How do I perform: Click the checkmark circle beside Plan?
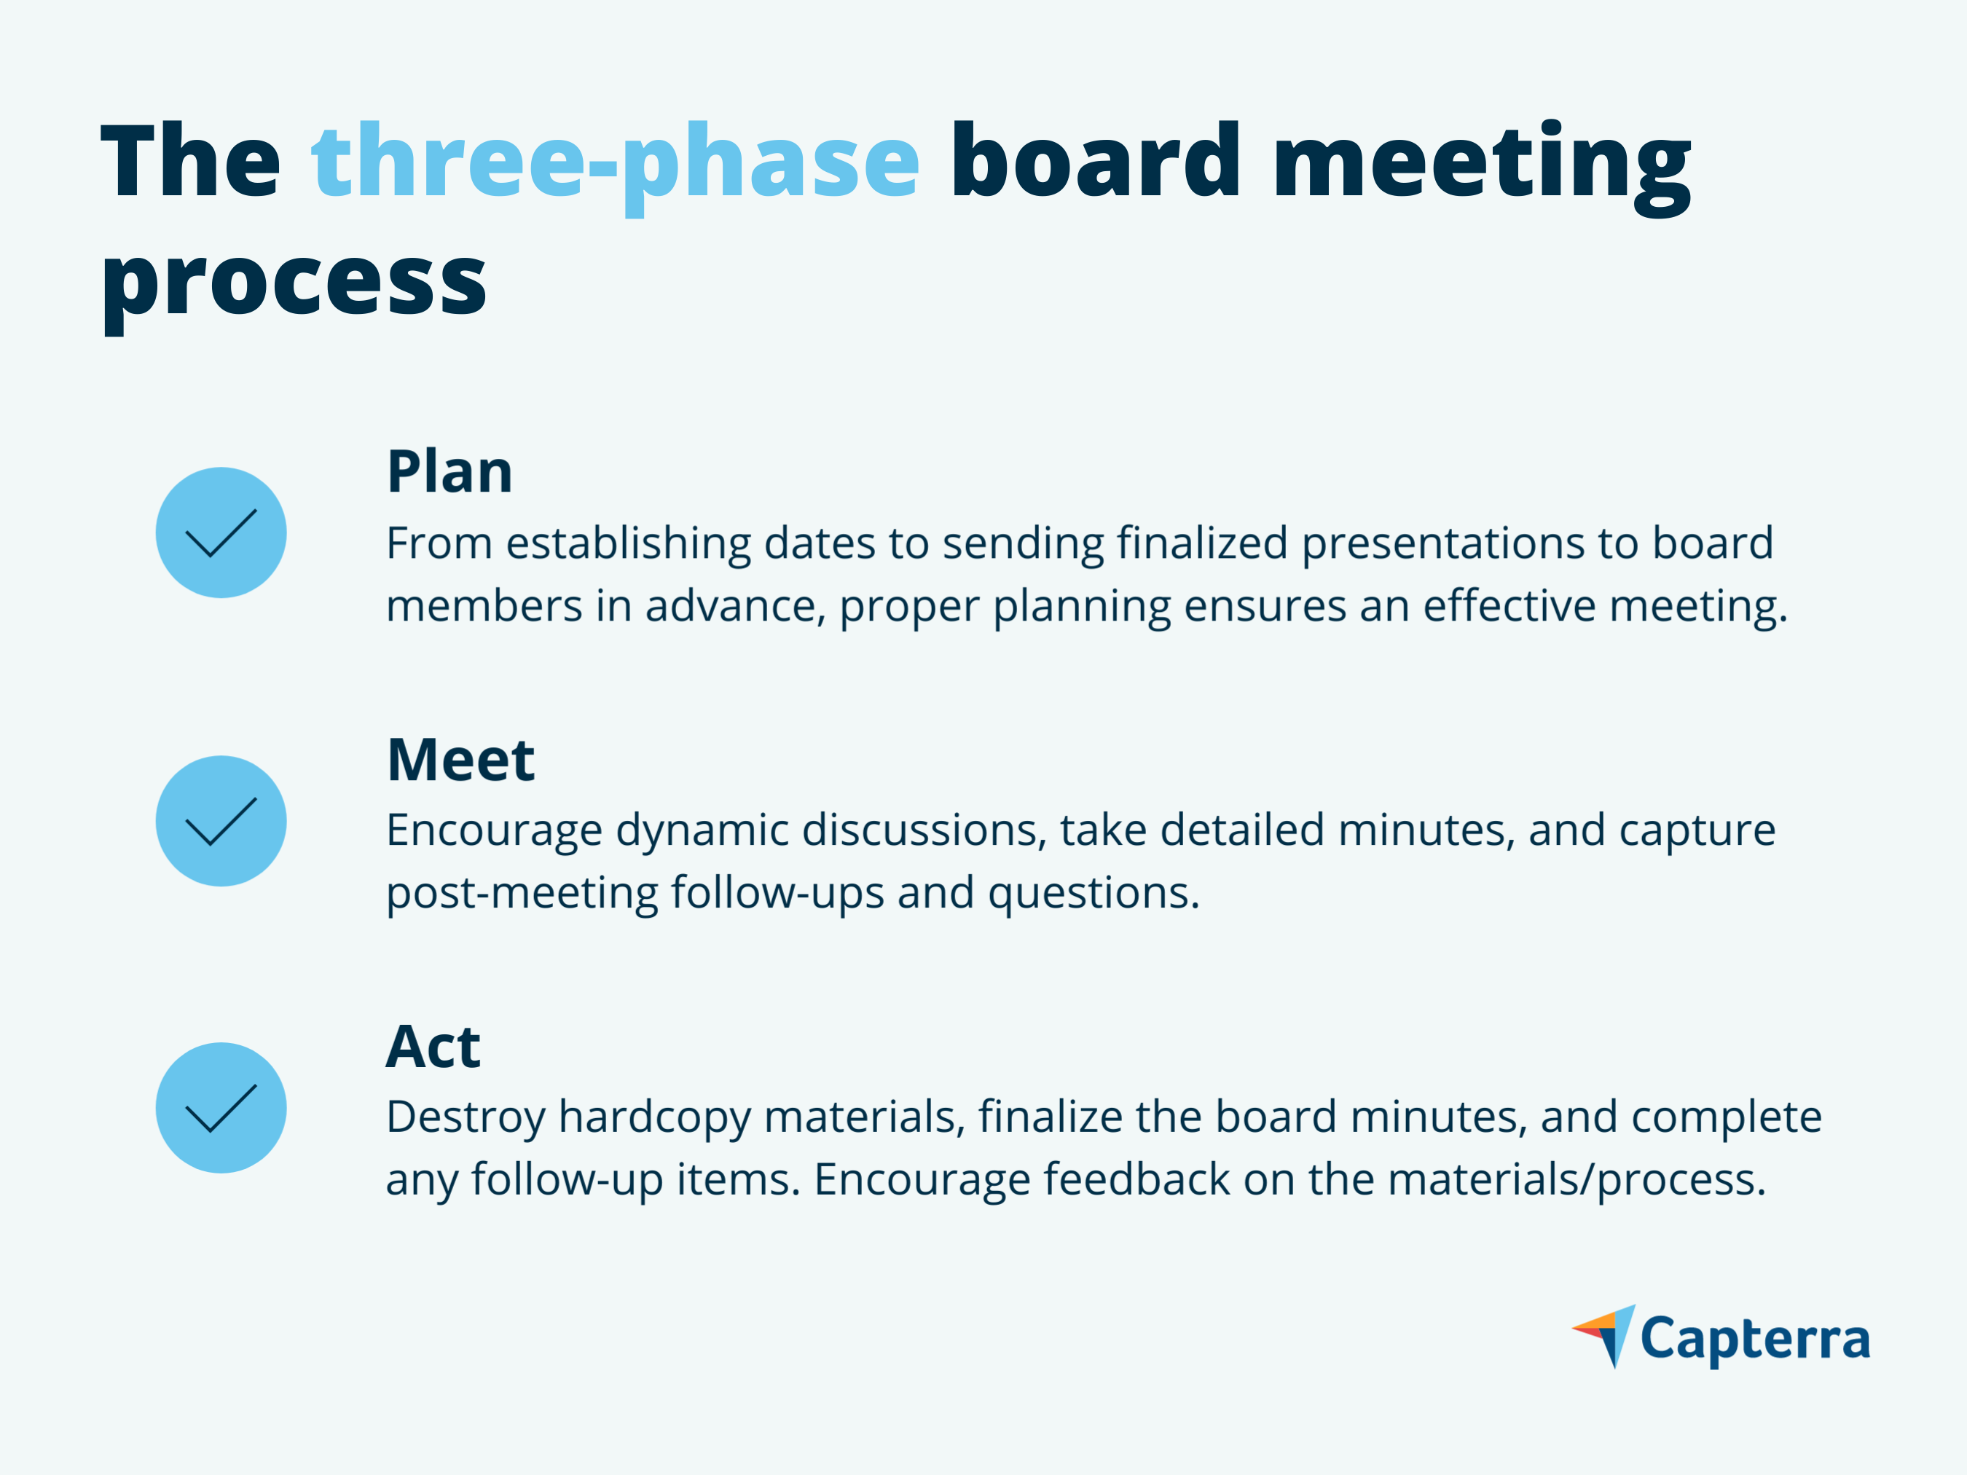click(221, 532)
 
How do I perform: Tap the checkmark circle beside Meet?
click(221, 821)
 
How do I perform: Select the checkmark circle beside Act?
click(221, 1108)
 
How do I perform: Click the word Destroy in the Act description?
click(465, 1117)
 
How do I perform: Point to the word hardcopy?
click(654, 1117)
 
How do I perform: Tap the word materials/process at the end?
click(1576, 1181)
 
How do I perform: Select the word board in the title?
click(1095, 160)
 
